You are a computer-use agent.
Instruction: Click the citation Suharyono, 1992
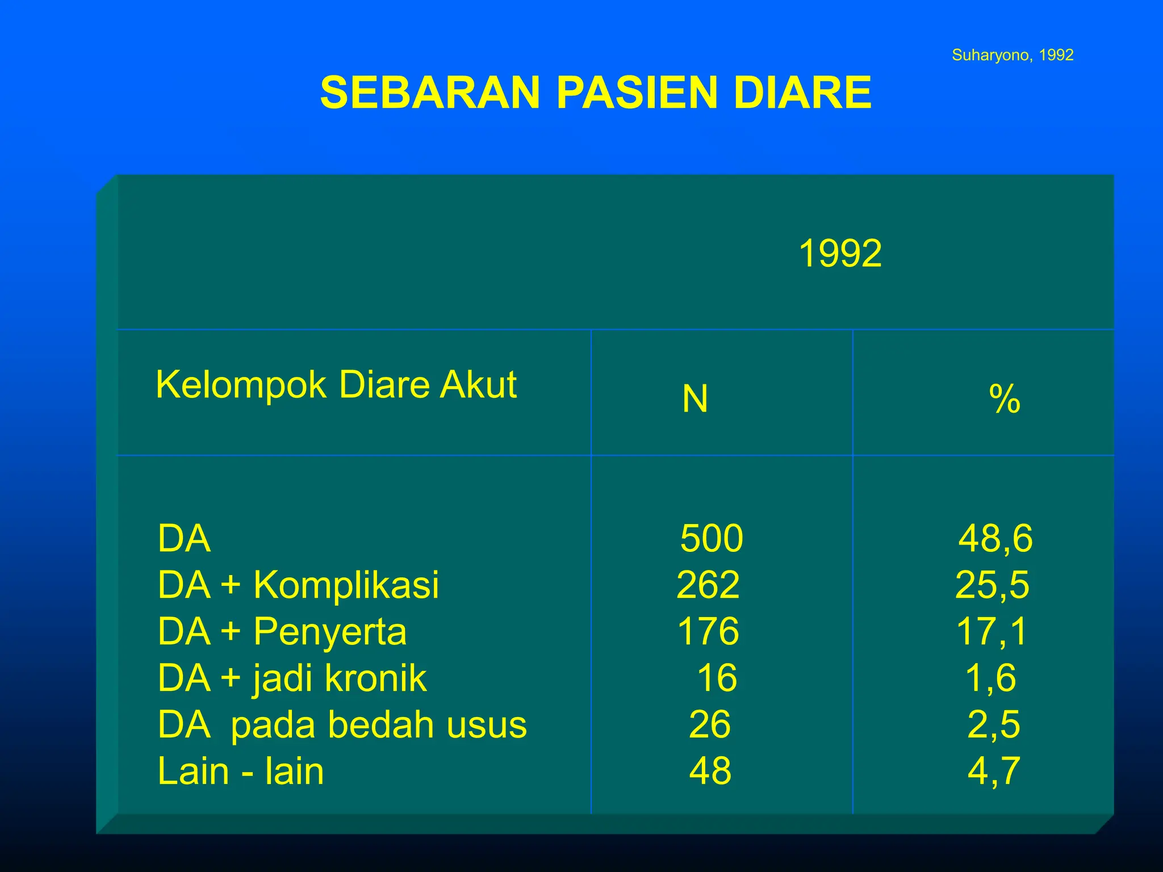[1012, 55]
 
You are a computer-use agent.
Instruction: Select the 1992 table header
[840, 253]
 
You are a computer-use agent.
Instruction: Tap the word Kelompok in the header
[241, 385]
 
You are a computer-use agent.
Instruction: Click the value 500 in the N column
[711, 538]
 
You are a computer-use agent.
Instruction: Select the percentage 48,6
[995, 538]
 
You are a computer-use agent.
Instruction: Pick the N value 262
[708, 585]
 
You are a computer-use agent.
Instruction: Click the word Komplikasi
[346, 585]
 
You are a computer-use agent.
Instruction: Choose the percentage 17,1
[992, 631]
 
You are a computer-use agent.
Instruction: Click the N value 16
[717, 678]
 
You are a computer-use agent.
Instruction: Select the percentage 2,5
[993, 725]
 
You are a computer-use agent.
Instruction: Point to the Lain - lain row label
[240, 772]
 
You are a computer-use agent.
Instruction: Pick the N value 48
[710, 772]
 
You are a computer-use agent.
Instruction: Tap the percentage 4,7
[994, 772]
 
